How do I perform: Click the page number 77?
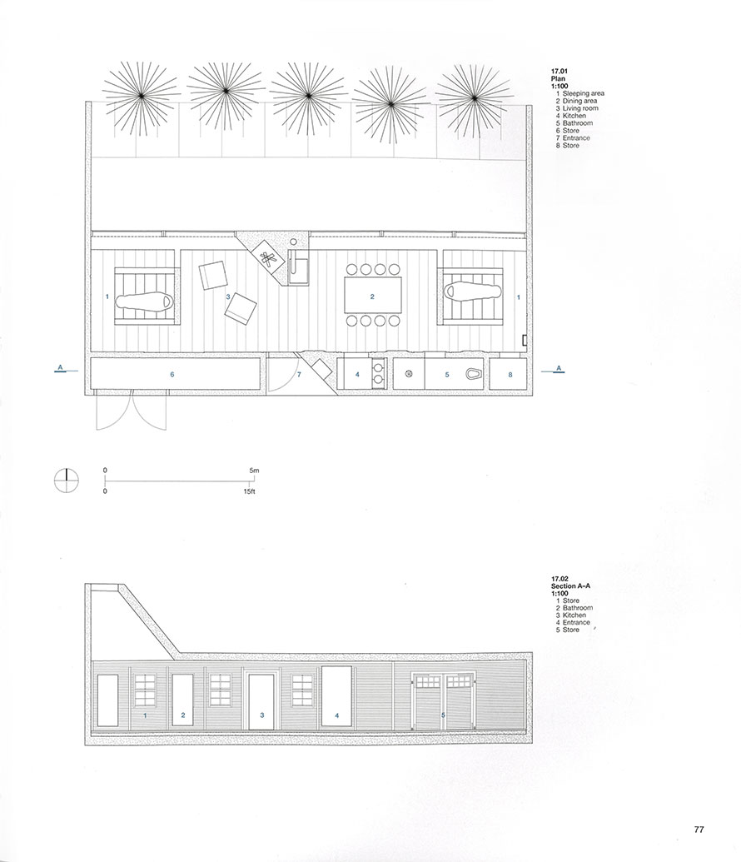pos(699,829)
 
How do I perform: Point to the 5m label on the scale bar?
pos(254,471)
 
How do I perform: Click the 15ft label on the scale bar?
pos(250,492)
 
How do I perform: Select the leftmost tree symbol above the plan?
pos(142,97)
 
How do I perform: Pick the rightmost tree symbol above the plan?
pos(474,97)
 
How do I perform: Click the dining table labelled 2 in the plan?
pos(372,296)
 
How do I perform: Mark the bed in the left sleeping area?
pos(146,299)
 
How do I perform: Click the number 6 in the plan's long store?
pos(172,375)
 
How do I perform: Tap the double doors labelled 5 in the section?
pos(442,705)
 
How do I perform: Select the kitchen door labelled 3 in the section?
pos(262,700)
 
